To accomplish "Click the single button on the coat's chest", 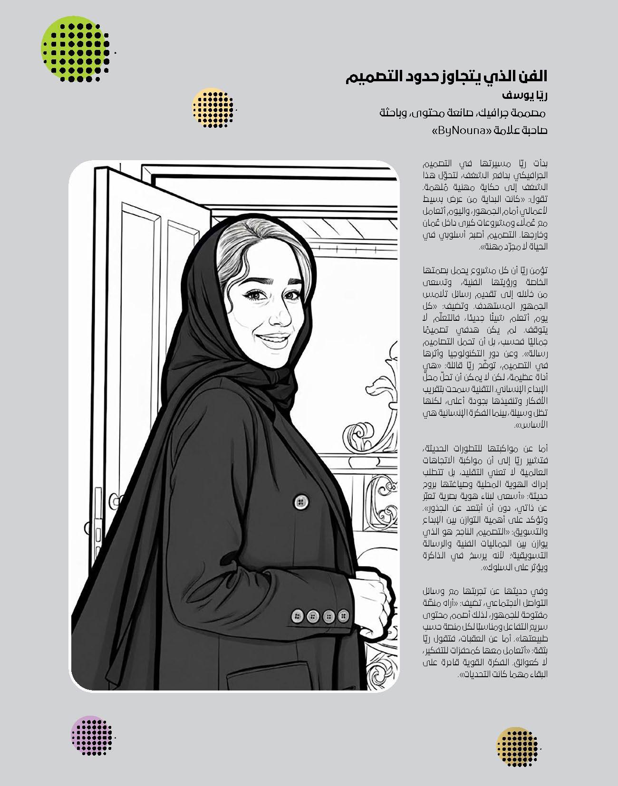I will pos(300,500).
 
